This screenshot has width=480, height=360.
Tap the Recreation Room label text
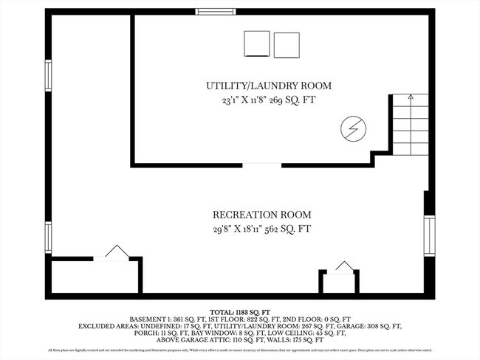(257, 215)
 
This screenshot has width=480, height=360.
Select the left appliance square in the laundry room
(257, 44)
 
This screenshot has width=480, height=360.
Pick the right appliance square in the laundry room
(287, 44)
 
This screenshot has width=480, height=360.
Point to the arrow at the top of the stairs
(411, 97)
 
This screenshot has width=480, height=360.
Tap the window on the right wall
(429, 236)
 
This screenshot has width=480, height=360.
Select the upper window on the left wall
(49, 76)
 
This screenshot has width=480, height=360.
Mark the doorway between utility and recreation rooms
(262, 165)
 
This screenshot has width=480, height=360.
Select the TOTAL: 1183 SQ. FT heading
(240, 312)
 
